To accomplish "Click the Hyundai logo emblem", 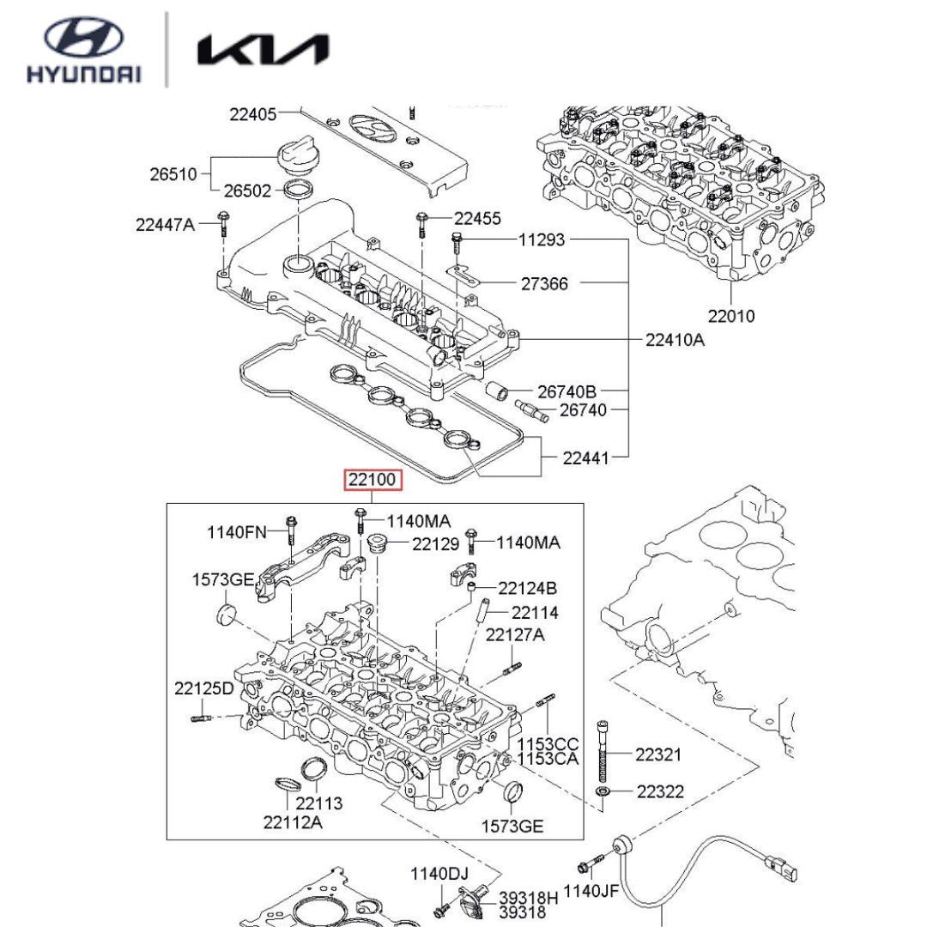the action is pyautogui.click(x=84, y=37).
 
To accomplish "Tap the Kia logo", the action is pyautogui.click(x=264, y=50).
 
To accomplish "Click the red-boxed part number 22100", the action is pyautogui.click(x=373, y=480).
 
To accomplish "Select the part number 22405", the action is pyautogui.click(x=252, y=114).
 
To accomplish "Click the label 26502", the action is pyautogui.click(x=247, y=191).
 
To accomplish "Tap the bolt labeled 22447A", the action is pyautogui.click(x=223, y=223).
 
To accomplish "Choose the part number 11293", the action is pyautogui.click(x=542, y=239).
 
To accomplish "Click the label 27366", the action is pyautogui.click(x=544, y=284).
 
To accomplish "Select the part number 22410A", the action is pyautogui.click(x=675, y=340).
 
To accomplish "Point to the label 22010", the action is pyautogui.click(x=731, y=316).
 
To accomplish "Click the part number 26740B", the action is pyautogui.click(x=566, y=391).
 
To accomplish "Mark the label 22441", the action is pyautogui.click(x=585, y=457).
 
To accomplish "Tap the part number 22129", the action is pyautogui.click(x=435, y=543).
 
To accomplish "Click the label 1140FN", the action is pyautogui.click(x=237, y=532).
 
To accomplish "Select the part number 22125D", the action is pyautogui.click(x=204, y=688).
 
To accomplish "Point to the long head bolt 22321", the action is pyautogui.click(x=602, y=751).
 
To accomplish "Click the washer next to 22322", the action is pyautogui.click(x=602, y=791).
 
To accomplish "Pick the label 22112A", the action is pyautogui.click(x=293, y=821).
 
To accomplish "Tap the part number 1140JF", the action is pyautogui.click(x=591, y=890).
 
